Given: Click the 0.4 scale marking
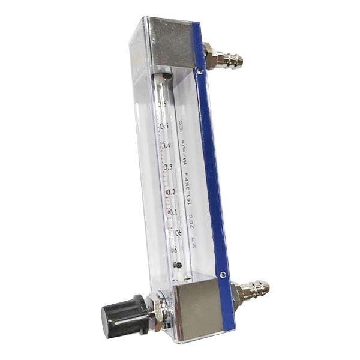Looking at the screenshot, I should [x=165, y=146].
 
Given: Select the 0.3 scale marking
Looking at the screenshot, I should [x=167, y=167].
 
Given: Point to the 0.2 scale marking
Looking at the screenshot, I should [x=170, y=192].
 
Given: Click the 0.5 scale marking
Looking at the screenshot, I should [x=163, y=125].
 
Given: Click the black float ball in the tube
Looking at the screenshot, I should [x=178, y=265].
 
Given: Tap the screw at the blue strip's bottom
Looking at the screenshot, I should [x=223, y=274].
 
